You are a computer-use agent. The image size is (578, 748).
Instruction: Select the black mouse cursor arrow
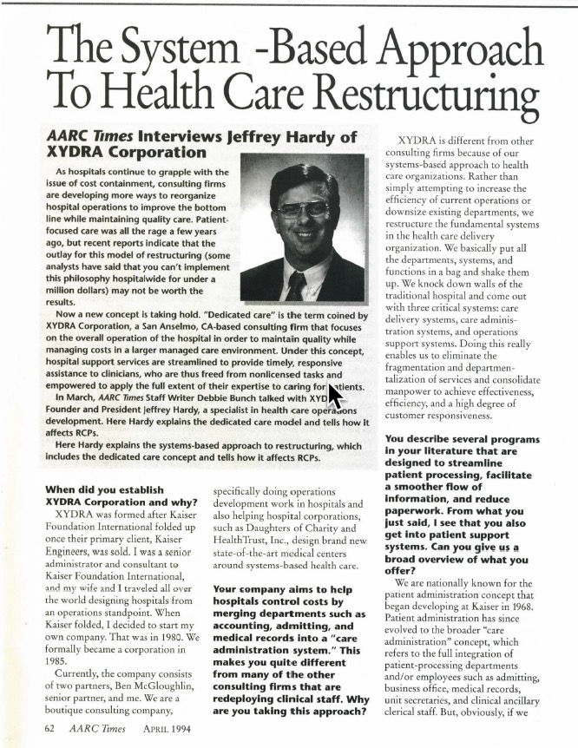(x=332, y=401)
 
